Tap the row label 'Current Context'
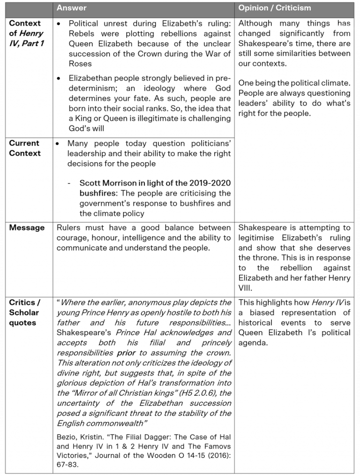(x=25, y=148)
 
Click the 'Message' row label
(x=27, y=227)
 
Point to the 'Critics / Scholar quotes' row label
(x=25, y=312)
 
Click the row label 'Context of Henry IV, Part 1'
(x=26, y=33)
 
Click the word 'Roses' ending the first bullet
(x=80, y=63)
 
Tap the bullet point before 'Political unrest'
(x=58, y=23)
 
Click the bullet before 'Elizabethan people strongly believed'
(x=58, y=78)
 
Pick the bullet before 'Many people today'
(x=58, y=143)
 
